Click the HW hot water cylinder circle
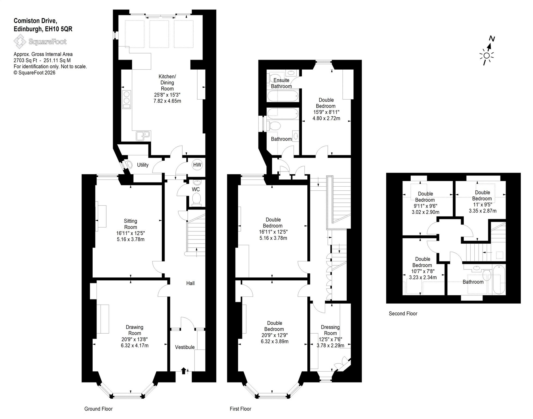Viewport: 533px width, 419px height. point(197,165)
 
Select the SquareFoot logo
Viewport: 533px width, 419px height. point(40,42)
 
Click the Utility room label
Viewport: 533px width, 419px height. point(143,165)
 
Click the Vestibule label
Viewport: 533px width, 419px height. point(185,347)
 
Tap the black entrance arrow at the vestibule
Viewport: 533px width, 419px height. point(183,370)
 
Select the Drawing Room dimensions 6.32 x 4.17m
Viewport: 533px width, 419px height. point(135,345)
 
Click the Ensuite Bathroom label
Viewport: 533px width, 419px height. point(281,83)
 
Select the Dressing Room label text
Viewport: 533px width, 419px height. point(330,330)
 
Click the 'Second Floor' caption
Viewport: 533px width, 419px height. point(403,314)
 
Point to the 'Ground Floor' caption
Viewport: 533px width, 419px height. point(98,409)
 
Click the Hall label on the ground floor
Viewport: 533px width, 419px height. point(190,283)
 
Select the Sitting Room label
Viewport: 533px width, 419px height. point(131,224)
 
